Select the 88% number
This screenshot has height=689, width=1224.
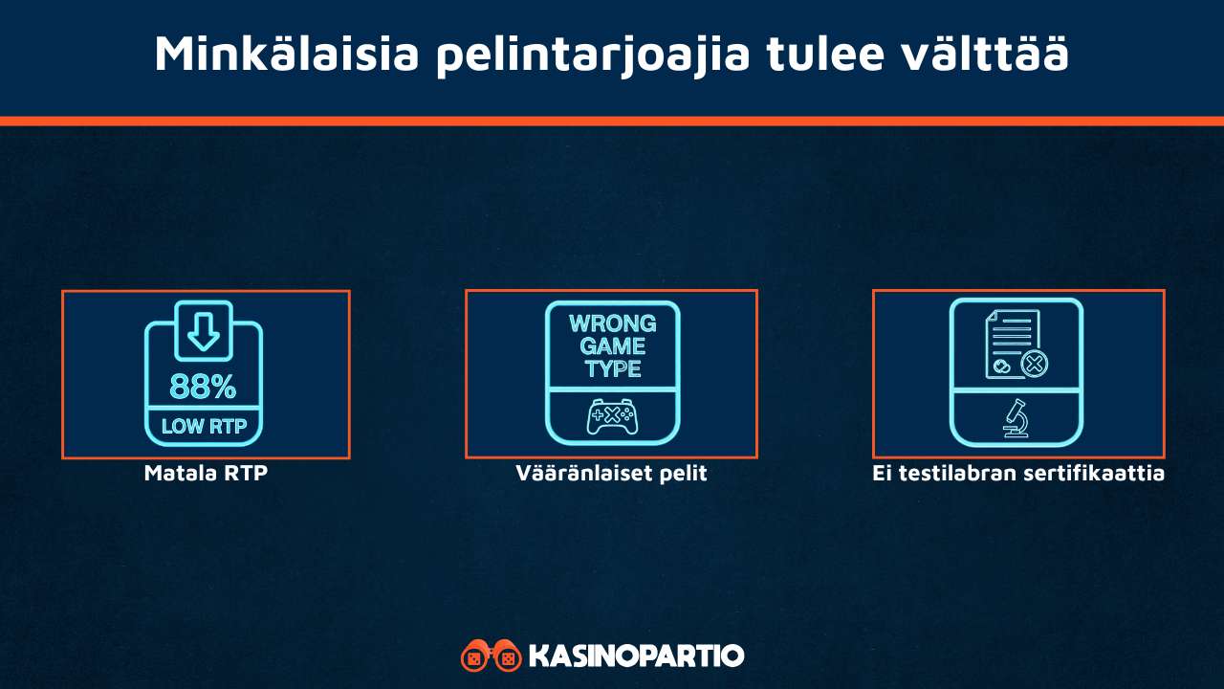(203, 387)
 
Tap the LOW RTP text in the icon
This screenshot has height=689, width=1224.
(203, 427)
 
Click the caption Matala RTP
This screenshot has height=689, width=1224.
(206, 473)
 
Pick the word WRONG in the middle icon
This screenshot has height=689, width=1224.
(612, 323)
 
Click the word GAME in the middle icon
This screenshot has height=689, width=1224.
(612, 346)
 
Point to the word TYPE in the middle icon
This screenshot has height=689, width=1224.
(612, 369)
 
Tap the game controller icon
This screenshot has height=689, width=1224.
(612, 416)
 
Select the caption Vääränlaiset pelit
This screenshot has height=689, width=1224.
(611, 473)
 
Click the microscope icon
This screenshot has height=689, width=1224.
(1016, 418)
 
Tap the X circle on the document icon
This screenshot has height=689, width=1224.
(1034, 364)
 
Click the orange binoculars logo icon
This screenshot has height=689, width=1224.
(491, 656)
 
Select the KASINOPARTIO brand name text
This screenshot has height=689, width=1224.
(636, 656)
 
